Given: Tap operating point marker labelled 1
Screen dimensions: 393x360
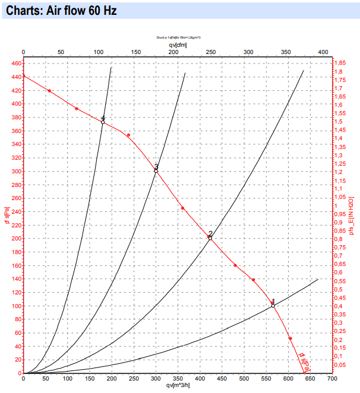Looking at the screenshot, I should click(273, 306).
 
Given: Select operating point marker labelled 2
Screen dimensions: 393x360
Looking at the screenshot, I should click(210, 238).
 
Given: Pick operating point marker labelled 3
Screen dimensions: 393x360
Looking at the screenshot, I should click(156, 171).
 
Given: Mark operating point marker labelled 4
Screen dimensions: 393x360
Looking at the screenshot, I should click(103, 122).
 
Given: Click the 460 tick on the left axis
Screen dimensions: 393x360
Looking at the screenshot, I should click(14, 64).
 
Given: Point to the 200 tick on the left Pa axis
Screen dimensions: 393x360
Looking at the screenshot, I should click(14, 239).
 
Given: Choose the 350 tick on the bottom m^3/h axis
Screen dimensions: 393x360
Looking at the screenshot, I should click(178, 378).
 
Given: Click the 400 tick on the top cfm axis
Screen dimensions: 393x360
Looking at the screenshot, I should click(323, 52).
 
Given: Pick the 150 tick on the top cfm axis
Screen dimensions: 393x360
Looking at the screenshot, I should click(136, 52).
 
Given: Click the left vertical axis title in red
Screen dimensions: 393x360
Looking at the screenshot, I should click(6, 217).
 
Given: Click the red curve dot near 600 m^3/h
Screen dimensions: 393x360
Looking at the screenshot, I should click(290, 338).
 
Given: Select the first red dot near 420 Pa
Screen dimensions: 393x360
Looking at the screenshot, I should click(49, 91).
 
